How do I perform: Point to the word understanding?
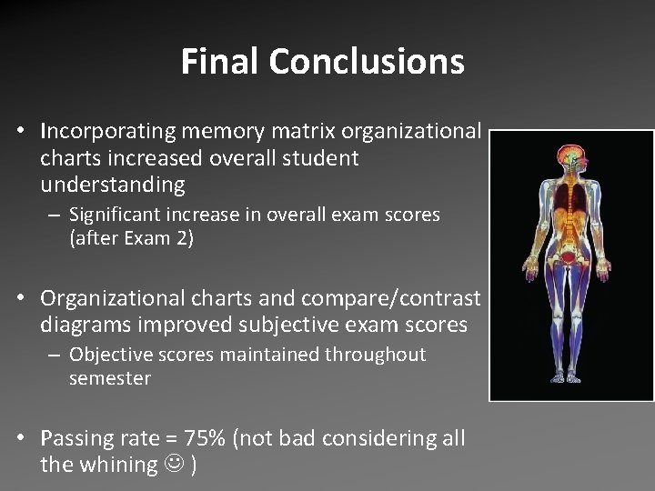click(x=113, y=185)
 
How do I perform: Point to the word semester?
click(x=109, y=377)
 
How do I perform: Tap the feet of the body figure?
click(x=571, y=380)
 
